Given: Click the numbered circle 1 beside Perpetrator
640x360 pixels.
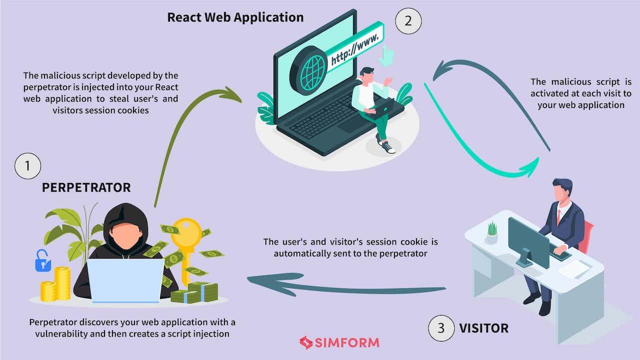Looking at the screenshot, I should pos(28,166).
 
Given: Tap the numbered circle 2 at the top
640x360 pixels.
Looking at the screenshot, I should pos(408,21).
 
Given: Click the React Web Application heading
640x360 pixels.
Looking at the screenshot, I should pos(235,17).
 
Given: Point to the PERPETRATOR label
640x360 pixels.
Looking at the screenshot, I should pos(86,187).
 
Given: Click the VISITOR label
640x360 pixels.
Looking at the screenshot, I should pos(483,328).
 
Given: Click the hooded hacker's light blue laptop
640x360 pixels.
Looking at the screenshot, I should pos(125,280).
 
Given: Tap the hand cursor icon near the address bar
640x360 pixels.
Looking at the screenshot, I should pos(386,55).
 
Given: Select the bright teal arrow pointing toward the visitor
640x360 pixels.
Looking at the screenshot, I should pos(475,145).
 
